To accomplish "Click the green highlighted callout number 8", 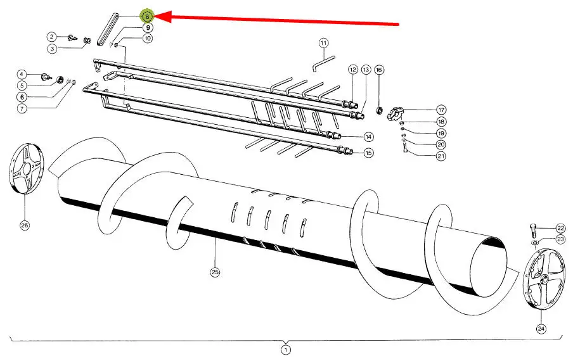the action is [148, 16].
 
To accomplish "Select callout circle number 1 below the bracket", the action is [286, 350].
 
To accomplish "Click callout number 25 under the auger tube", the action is [216, 272].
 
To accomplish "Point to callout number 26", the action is [25, 225].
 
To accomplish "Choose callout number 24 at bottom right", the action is [541, 329].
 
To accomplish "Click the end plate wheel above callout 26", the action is [25, 169].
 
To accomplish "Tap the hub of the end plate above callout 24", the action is [544, 279].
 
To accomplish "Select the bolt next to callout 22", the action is [533, 231].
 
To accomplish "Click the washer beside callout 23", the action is [534, 243].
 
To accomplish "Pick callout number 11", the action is [323, 43].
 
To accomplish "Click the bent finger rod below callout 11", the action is [324, 63].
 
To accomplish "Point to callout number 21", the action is [441, 156].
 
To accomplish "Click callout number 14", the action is [368, 137].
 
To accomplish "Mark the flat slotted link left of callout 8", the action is [107, 30].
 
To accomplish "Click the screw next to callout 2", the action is [74, 37].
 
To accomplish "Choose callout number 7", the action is [22, 108].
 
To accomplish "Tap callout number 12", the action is [352, 70].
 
